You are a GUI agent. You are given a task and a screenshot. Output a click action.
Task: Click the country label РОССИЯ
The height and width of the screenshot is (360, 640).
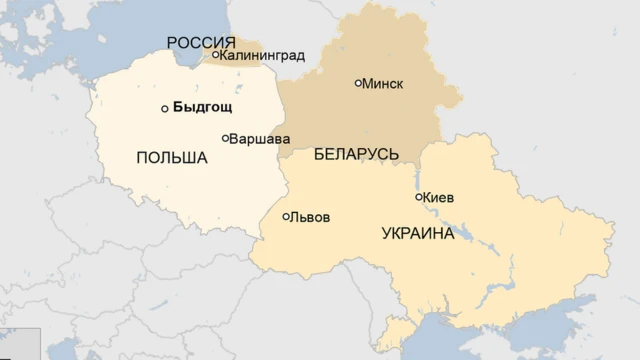[x=201, y=42]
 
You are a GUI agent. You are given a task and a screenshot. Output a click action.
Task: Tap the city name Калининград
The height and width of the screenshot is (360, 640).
[x=261, y=55]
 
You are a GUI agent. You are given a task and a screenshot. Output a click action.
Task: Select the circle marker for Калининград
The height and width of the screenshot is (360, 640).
[x=214, y=55]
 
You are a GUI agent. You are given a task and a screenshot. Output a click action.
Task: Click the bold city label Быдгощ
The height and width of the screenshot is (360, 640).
[x=202, y=108]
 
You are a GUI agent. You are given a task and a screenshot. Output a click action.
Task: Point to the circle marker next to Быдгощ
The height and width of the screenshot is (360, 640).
[x=165, y=109]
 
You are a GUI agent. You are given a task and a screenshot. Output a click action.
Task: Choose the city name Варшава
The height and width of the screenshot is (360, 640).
[x=260, y=138]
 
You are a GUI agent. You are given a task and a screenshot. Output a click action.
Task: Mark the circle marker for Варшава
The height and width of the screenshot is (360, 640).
[x=225, y=138]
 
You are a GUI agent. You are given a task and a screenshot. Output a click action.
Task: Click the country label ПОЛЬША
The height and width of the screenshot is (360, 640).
[x=171, y=158]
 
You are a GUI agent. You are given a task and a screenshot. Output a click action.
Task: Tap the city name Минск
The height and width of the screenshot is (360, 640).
[x=383, y=83]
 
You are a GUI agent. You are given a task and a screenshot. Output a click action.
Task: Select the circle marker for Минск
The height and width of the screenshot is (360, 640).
[x=358, y=83]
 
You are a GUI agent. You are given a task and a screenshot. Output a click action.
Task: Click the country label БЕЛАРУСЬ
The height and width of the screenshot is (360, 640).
[x=356, y=154]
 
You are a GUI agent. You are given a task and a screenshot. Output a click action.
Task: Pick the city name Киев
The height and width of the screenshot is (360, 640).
[x=438, y=198]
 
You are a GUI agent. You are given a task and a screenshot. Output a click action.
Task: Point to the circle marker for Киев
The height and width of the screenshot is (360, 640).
[x=418, y=197]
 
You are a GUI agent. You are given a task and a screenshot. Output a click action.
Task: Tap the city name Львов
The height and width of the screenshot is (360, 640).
[x=309, y=217]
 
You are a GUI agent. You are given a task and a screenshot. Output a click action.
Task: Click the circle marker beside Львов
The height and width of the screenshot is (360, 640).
[x=286, y=216]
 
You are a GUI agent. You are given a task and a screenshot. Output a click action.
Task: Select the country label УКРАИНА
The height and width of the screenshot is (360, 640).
[x=417, y=234]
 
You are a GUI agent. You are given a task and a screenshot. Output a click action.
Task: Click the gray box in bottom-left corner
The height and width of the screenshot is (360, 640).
[x=19, y=343]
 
